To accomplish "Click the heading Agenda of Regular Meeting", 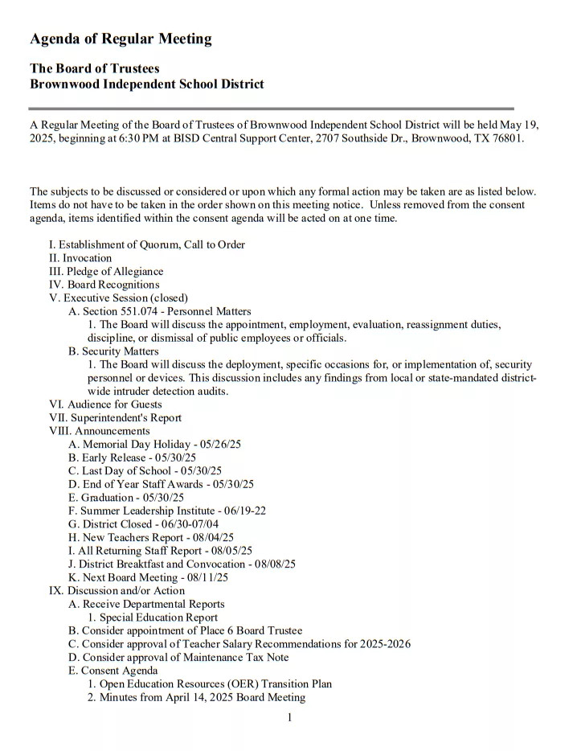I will [x=121, y=39].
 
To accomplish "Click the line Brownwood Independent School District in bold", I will [x=146, y=84].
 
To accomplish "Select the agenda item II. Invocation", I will [x=80, y=258].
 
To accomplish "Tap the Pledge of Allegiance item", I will [x=106, y=272].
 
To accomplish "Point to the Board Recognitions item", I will [x=104, y=285].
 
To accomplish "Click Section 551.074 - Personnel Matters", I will [x=160, y=311].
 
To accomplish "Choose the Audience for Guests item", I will [x=105, y=404].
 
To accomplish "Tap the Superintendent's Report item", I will [x=115, y=418].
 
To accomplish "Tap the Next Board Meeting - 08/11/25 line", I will [x=148, y=577].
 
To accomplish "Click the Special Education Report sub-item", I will [x=153, y=618].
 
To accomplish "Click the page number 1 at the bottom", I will [x=289, y=717].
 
